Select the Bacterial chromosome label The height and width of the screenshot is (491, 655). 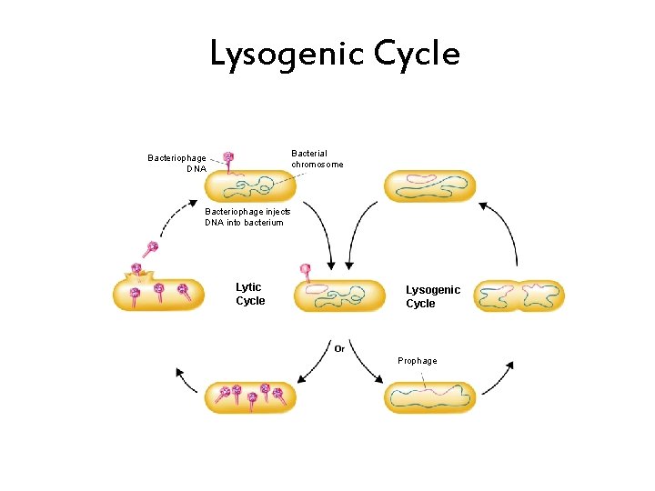317,159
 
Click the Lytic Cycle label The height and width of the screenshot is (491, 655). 250,294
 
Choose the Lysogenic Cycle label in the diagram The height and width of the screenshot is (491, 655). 433,296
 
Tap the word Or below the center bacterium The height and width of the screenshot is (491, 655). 339,347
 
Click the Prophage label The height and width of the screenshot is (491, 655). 417,361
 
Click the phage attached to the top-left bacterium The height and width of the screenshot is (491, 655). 228,160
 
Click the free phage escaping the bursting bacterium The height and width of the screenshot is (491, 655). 150,248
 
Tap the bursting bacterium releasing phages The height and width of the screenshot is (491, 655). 160,294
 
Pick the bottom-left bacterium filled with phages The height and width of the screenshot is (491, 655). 250,396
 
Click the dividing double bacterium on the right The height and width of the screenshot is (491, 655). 519,296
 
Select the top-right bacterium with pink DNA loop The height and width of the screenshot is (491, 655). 429,185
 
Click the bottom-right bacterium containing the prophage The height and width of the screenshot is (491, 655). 430,397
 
